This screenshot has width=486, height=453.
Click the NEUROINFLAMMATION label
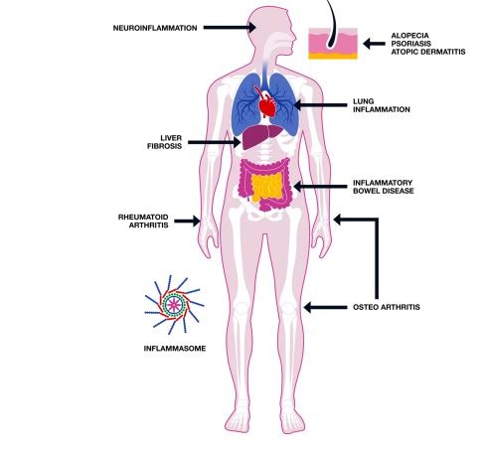point(155,28)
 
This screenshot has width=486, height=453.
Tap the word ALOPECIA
point(409,36)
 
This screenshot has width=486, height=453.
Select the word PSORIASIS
point(411,44)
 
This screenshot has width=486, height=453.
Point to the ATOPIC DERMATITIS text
point(428,52)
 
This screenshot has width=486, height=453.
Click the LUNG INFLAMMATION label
point(382,105)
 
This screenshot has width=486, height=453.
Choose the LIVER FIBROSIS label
point(165,142)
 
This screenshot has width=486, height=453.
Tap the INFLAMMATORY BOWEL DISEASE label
point(384,187)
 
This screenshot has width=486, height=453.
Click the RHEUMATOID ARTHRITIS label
point(143,222)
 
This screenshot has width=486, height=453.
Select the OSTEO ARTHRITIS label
point(387,307)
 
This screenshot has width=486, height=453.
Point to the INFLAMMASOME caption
point(175,349)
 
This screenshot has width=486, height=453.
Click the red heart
point(266,102)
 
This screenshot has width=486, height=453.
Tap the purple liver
point(261,136)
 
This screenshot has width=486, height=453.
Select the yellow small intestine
point(267,187)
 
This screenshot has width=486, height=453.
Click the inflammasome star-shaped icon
point(174,305)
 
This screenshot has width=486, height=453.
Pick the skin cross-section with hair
point(333,43)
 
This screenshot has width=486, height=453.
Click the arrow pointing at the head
point(230,28)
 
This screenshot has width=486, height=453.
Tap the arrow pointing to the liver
point(215,142)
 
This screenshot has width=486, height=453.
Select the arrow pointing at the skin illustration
point(374,44)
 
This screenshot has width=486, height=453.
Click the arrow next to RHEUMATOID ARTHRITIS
point(187,222)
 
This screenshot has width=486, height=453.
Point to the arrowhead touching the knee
point(308,308)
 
